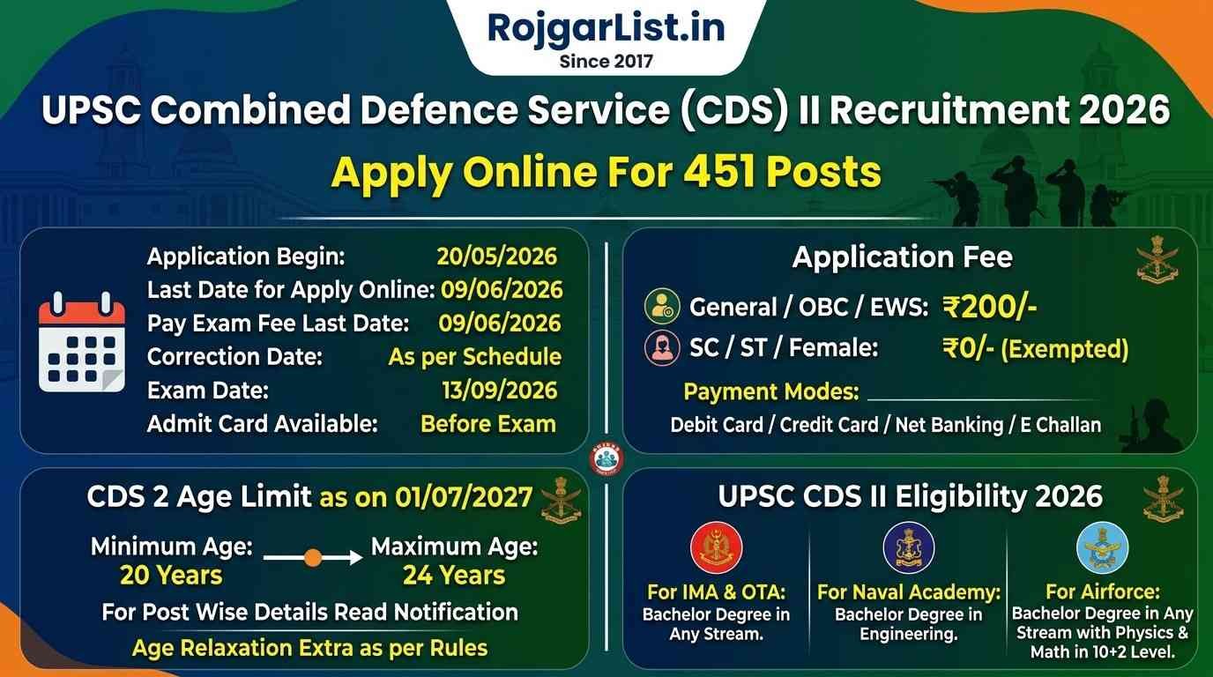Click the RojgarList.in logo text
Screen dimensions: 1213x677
pyautogui.click(x=606, y=28)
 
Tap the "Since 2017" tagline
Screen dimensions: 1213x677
pyautogui.click(x=606, y=61)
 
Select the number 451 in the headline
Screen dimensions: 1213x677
pyautogui.click(x=719, y=172)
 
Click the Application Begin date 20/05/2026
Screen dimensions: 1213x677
pyautogui.click(x=496, y=257)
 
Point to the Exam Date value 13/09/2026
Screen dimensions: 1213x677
pyautogui.click(x=499, y=390)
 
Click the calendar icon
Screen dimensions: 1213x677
pyautogui.click(x=82, y=342)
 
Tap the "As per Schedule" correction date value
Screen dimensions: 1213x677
pyautogui.click(x=475, y=357)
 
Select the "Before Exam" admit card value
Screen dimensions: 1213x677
pyautogui.click(x=487, y=424)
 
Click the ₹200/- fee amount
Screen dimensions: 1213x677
pyautogui.click(x=989, y=307)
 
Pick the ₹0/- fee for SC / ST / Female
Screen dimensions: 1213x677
pyautogui.click(x=968, y=348)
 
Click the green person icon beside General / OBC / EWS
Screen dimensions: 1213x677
pyautogui.click(x=662, y=307)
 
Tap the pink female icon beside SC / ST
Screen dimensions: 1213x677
pyautogui.click(x=662, y=347)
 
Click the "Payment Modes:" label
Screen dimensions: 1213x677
pyautogui.click(x=771, y=391)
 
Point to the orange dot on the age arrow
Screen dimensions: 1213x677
pyautogui.click(x=313, y=557)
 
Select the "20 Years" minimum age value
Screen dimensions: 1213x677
pyautogui.click(x=171, y=575)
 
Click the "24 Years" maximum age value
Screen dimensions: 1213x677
pyautogui.click(x=454, y=575)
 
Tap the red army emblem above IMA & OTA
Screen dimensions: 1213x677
pyautogui.click(x=717, y=547)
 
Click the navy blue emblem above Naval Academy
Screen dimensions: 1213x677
pyautogui.click(x=909, y=547)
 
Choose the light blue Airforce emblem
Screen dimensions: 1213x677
pyautogui.click(x=1103, y=547)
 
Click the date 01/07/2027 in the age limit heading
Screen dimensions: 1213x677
pyautogui.click(x=464, y=497)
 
